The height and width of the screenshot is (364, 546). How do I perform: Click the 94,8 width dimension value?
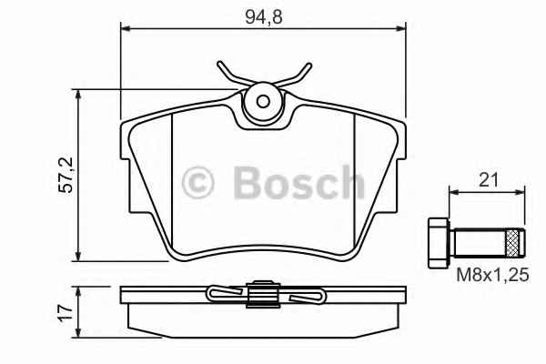click(261, 15)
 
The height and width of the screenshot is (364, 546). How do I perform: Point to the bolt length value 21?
click(490, 181)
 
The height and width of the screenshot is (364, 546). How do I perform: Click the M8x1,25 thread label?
click(490, 276)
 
